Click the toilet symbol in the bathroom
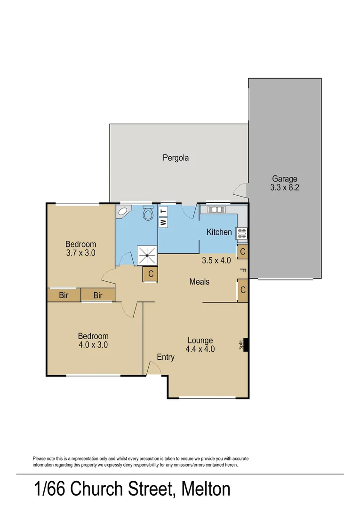click(148, 213)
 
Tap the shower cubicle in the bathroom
click(147, 255)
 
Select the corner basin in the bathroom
click(123, 212)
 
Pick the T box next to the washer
click(163, 211)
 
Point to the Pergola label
click(176, 158)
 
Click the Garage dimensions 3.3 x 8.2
click(285, 187)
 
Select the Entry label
click(166, 357)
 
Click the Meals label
click(199, 282)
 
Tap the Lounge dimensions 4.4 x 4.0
click(200, 349)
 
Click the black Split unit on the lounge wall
click(246, 345)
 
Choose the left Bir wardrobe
click(64, 295)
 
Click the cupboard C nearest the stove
click(242, 252)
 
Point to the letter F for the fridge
click(243, 270)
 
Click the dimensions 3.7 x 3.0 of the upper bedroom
click(80, 253)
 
